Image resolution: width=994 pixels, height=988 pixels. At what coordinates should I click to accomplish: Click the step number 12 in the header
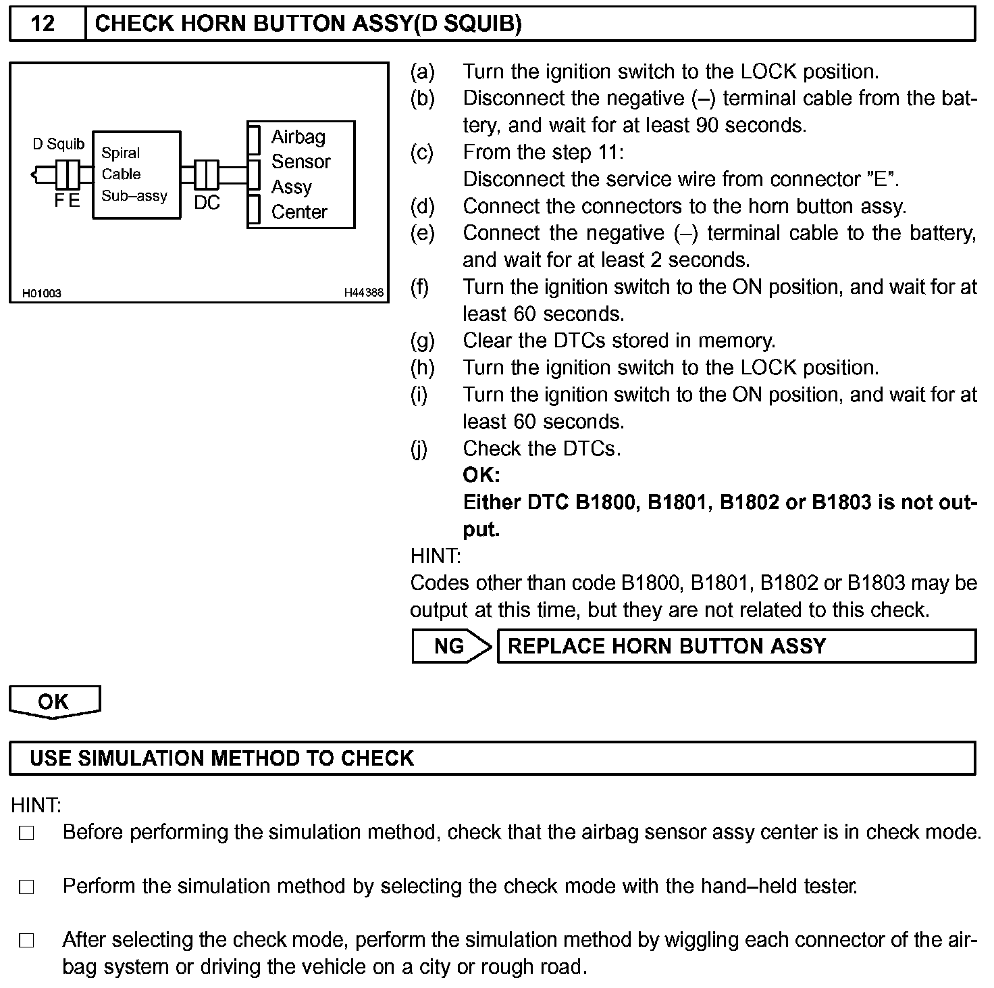click(x=43, y=24)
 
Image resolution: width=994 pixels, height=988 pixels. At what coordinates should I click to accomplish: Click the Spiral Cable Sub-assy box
click(x=136, y=175)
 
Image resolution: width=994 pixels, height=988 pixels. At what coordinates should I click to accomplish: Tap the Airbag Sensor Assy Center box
click(x=301, y=174)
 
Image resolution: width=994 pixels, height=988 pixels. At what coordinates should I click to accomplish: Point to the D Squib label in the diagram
click(x=59, y=144)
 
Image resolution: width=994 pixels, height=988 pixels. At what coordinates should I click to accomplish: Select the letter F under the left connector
click(x=59, y=201)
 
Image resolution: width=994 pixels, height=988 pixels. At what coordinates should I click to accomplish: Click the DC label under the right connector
click(x=207, y=203)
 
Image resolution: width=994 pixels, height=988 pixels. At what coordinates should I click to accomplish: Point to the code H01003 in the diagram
click(x=42, y=293)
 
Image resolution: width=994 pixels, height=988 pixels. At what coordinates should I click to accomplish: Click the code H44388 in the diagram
click(x=363, y=293)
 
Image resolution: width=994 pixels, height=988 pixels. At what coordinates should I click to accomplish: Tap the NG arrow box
click(x=450, y=646)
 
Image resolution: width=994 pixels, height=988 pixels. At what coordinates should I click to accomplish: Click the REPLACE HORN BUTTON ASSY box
click(x=736, y=646)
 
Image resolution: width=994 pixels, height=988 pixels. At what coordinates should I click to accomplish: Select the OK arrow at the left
click(x=54, y=701)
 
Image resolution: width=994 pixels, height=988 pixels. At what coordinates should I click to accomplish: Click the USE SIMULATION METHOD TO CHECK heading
click(x=221, y=758)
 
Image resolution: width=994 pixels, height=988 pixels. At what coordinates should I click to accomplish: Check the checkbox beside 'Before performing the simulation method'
click(x=26, y=833)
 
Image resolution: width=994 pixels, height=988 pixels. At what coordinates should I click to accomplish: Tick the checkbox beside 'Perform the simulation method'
click(x=26, y=887)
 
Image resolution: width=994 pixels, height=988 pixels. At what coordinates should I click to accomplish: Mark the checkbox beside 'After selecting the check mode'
click(x=26, y=941)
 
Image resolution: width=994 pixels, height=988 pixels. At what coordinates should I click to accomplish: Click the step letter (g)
click(x=423, y=341)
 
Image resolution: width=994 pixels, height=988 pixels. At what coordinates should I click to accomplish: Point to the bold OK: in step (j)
click(x=481, y=475)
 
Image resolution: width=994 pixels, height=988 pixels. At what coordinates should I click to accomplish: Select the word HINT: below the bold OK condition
click(x=436, y=556)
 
